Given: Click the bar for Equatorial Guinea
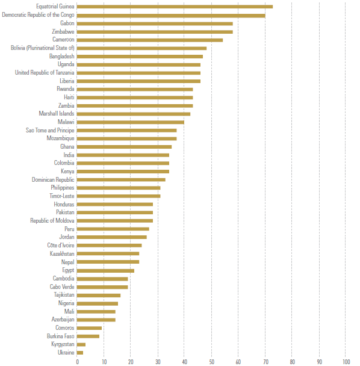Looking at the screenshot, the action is [x=175, y=7].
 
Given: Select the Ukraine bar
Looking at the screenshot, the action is [x=80, y=353].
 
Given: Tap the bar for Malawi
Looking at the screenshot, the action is [x=130, y=122].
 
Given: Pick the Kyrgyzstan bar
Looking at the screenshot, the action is [x=81, y=344].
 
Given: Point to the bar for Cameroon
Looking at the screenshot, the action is [x=150, y=40].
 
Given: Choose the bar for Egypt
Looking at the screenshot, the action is [x=105, y=271].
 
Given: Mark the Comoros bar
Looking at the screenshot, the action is [x=89, y=328].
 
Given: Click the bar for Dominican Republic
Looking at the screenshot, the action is [x=121, y=180].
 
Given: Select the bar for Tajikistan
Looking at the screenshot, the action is [x=99, y=296].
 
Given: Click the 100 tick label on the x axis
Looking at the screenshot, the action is [x=346, y=362].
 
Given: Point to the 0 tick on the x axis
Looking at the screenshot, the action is [x=78, y=362].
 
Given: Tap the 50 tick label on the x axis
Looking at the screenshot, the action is [x=211, y=362].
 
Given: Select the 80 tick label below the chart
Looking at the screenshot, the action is [x=292, y=362].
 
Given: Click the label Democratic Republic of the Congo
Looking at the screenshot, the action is [x=38, y=15].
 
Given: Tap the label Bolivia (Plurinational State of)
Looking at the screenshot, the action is [x=43, y=48].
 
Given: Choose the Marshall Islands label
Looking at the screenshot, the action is [x=57, y=114].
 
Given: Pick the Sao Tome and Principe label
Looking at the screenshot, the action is [x=50, y=130].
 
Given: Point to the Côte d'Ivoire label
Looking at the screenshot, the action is [x=61, y=246].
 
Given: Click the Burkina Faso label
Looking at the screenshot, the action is [x=60, y=336].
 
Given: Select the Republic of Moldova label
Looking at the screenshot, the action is [x=52, y=221].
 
